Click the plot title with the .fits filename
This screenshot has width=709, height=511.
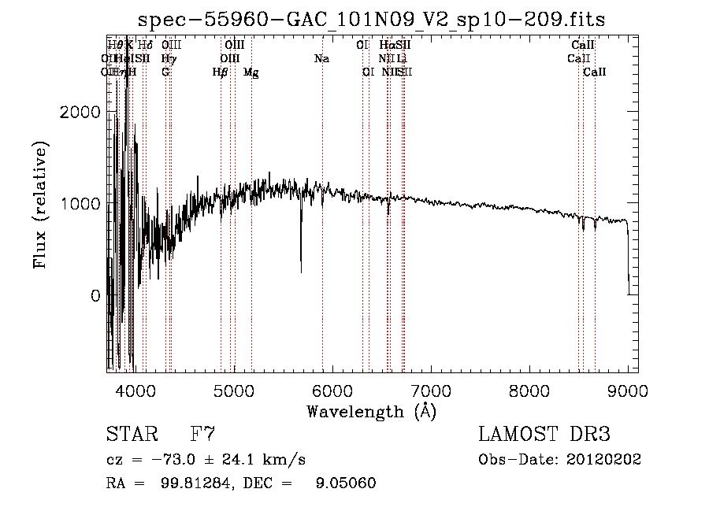(x=372, y=20)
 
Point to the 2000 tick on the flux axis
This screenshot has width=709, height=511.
(x=80, y=112)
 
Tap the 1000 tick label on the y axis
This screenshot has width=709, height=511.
(x=80, y=204)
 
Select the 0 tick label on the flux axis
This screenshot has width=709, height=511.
(x=95, y=296)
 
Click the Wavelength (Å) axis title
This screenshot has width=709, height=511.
(x=371, y=411)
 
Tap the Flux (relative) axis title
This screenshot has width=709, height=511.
(x=40, y=205)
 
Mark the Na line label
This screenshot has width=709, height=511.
(x=321, y=58)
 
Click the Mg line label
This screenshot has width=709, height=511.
(x=251, y=72)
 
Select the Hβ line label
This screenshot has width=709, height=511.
(x=221, y=72)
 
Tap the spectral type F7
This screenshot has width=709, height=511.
(x=202, y=435)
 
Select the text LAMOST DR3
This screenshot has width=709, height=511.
(x=544, y=435)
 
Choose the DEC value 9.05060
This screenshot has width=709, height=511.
(x=345, y=483)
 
